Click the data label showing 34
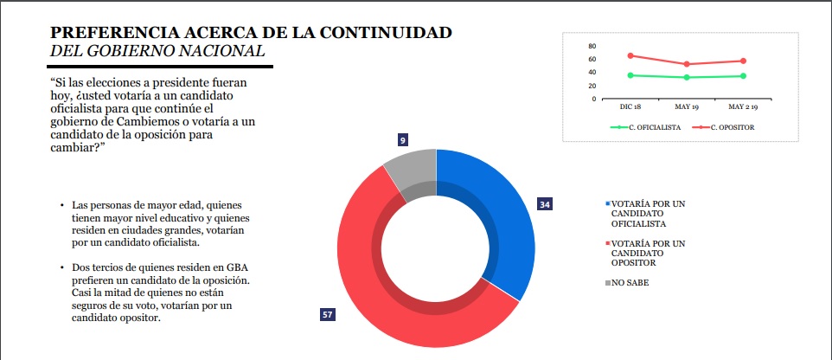tap(544, 205)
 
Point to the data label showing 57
tap(327, 314)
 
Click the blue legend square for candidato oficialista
tap(608, 204)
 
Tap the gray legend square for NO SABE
tap(608, 282)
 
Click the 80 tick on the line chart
tap(592, 46)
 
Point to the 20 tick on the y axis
tap(592, 86)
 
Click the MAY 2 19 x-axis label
tap(743, 106)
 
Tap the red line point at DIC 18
tap(630, 55)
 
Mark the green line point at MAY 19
tap(687, 77)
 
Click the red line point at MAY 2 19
tap(743, 61)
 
